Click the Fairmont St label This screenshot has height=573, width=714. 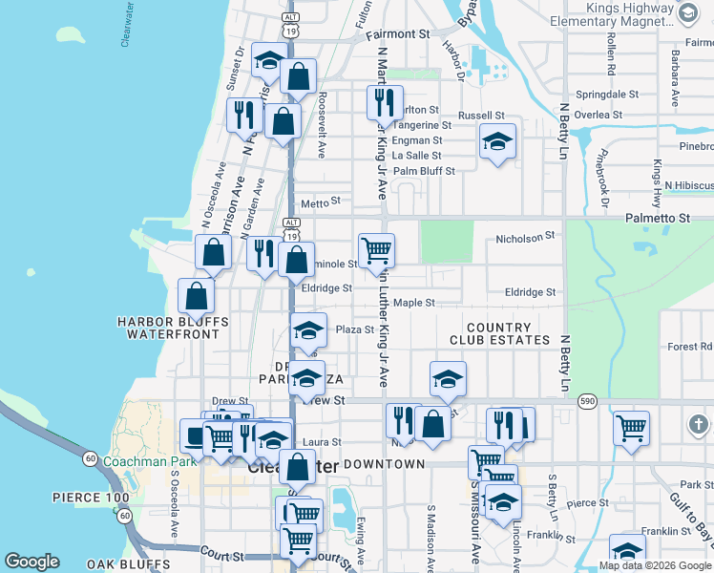397,33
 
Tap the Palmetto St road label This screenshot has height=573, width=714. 657,219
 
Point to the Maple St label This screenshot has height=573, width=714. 414,303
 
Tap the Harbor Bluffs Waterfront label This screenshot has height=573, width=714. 168,328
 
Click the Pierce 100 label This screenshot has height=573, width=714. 91,499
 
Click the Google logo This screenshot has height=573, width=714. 31,562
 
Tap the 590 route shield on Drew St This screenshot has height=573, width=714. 585,402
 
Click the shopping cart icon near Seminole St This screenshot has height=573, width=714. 376,249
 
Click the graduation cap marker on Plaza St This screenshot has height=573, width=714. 307,329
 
